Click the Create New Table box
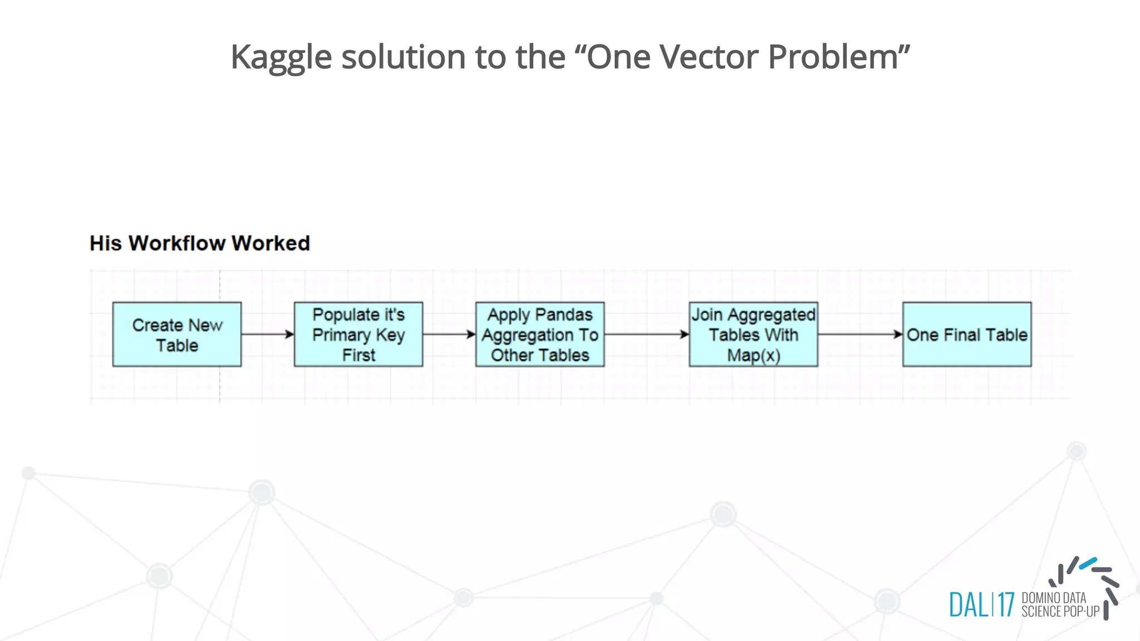[177, 334]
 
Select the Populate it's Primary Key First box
[358, 334]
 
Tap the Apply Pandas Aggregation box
[540, 334]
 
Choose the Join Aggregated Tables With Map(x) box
[753, 334]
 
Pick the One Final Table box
[967, 334]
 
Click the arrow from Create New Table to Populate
[267, 334]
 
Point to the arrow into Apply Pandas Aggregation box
[449, 334]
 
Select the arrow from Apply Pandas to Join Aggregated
[646, 334]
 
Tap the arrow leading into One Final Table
[860, 334]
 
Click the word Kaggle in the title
[281, 57]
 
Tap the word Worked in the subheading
[271, 243]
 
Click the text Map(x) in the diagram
[753, 355]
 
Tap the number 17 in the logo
[1006, 605]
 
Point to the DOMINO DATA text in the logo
[1054, 598]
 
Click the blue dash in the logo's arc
[1088, 563]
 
